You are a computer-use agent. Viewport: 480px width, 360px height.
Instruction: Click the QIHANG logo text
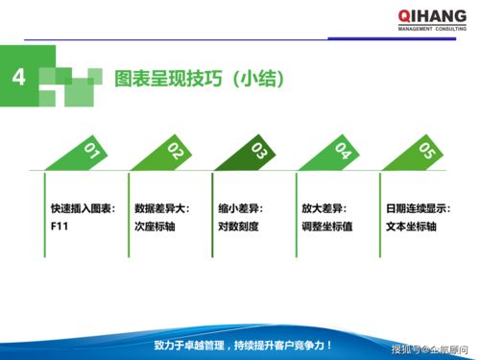(431, 15)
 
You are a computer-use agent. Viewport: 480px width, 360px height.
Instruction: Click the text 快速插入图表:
(84, 208)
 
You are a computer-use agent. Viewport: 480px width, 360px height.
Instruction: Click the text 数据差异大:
(162, 208)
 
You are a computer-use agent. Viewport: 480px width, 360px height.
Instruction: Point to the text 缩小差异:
(241, 208)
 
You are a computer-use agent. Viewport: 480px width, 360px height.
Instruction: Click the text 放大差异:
(324, 208)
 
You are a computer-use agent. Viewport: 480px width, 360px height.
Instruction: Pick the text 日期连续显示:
(419, 208)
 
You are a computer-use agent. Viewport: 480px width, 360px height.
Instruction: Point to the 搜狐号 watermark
(431, 348)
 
